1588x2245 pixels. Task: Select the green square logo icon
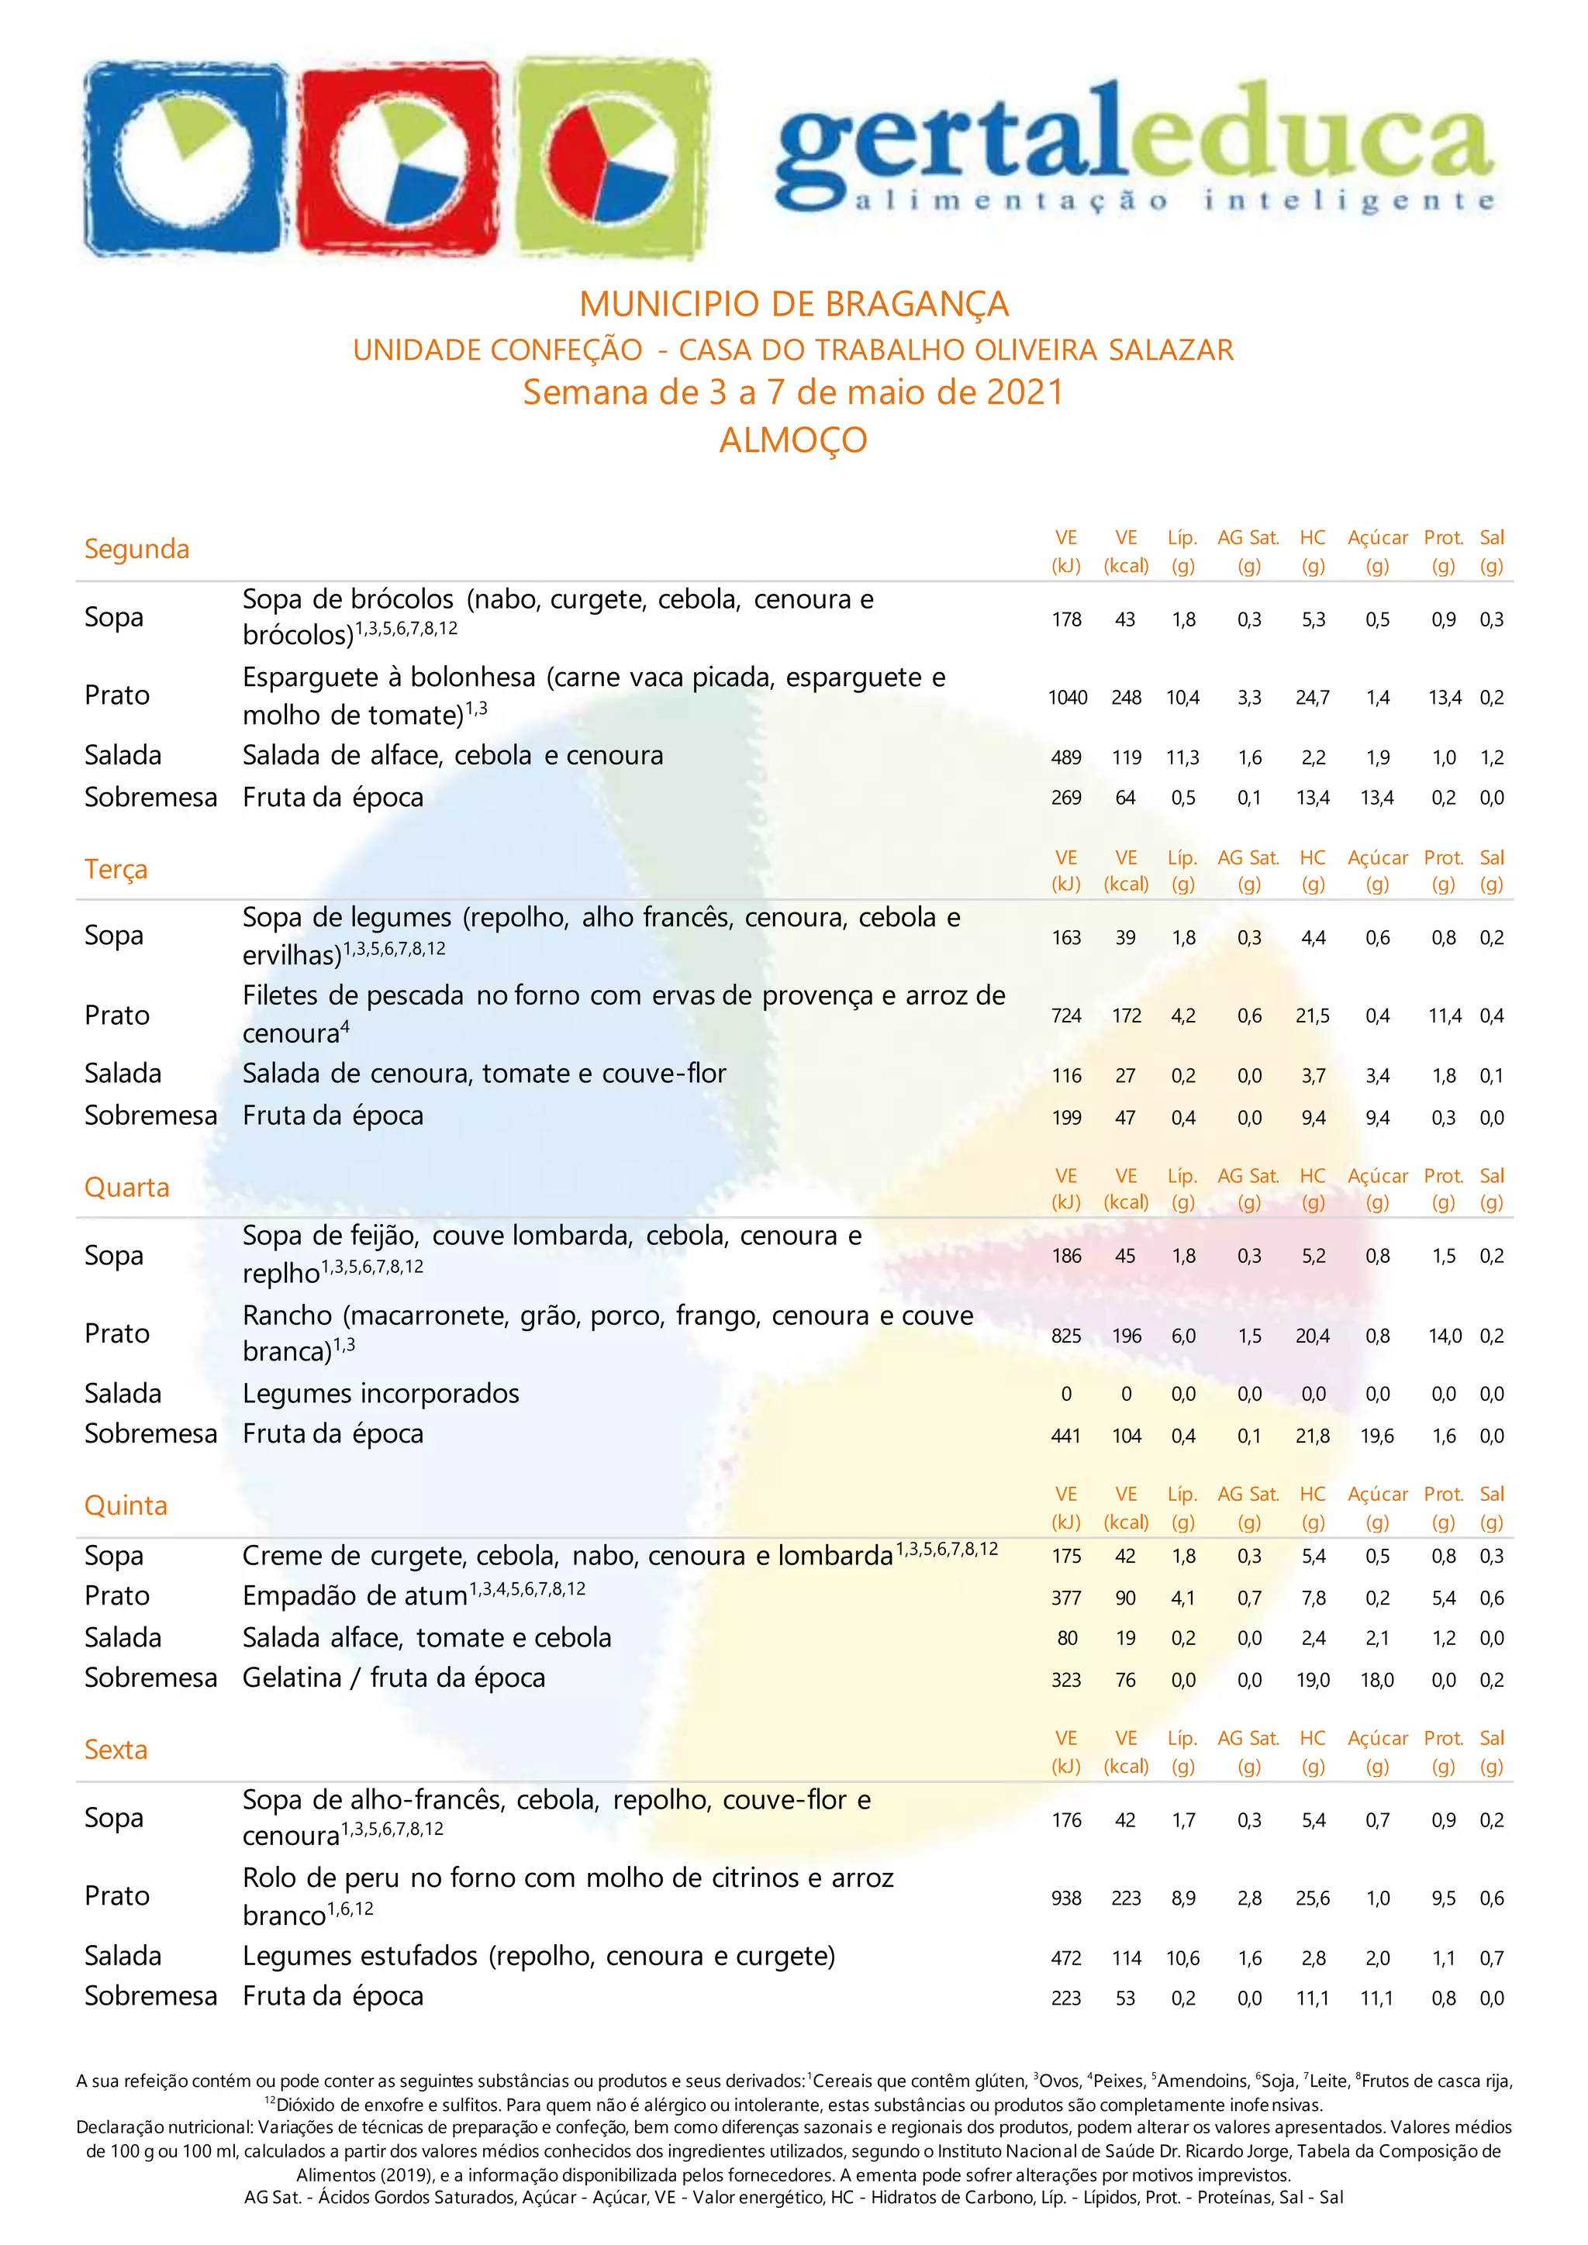point(611,157)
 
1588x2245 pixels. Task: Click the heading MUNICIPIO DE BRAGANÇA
point(793,304)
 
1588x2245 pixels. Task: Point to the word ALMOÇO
point(793,440)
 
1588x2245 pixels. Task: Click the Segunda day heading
point(137,549)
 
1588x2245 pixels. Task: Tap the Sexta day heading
point(116,1750)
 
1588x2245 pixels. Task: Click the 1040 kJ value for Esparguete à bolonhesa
point(1067,697)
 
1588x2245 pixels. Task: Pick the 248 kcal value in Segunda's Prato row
point(1126,697)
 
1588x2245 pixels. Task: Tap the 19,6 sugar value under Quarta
point(1377,1436)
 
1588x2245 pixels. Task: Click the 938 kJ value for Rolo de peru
point(1066,1898)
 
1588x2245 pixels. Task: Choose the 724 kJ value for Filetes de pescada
point(1066,1016)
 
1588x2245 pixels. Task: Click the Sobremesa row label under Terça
point(150,1116)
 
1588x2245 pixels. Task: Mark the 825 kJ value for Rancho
point(1066,1336)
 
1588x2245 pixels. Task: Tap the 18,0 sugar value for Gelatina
point(1377,1680)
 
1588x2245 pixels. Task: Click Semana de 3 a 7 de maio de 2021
point(793,392)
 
